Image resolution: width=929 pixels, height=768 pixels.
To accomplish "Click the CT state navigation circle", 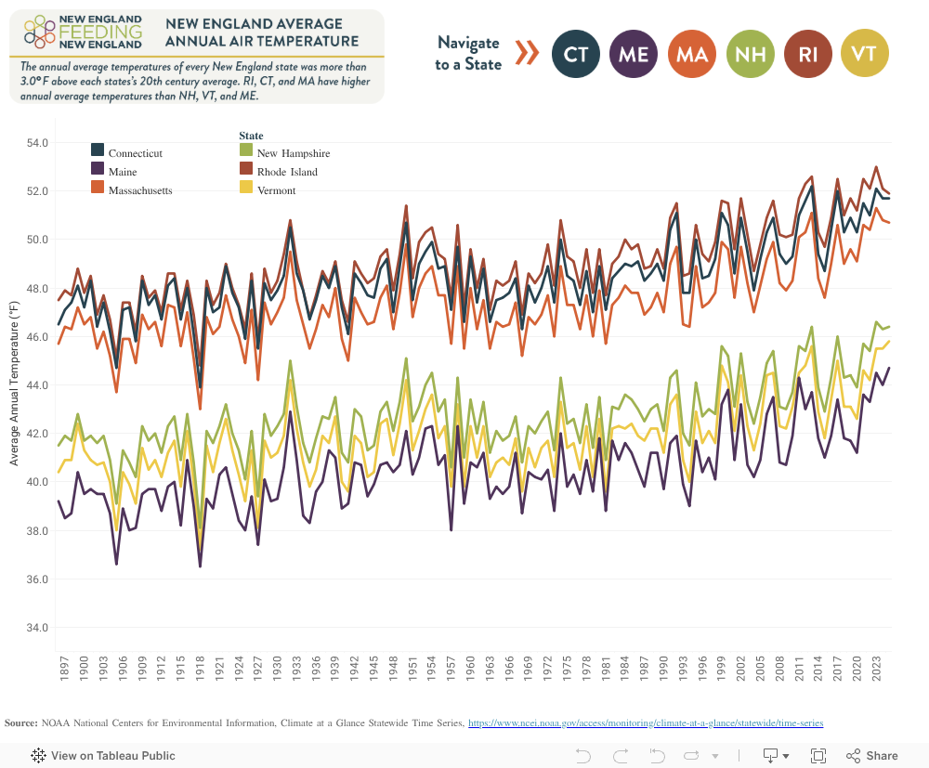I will click(576, 54).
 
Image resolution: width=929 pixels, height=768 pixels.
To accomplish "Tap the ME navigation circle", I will click(634, 54).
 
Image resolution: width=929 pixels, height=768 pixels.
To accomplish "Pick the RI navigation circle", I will click(807, 54).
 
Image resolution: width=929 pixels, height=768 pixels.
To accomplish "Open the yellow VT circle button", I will click(864, 54).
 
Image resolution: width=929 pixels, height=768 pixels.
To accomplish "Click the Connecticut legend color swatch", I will click(98, 150).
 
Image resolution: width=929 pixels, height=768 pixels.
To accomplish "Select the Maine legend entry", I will click(122, 172).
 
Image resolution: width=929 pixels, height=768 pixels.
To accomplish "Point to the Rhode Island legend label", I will click(287, 172).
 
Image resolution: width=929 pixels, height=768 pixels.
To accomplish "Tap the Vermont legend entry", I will click(276, 190).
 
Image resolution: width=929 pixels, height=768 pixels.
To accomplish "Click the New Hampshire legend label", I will click(293, 153).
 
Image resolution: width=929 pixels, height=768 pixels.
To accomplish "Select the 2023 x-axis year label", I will click(876, 670).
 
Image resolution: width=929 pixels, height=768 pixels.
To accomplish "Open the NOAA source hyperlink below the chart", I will click(645, 722).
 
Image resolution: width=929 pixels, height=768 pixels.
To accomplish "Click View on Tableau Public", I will click(103, 756).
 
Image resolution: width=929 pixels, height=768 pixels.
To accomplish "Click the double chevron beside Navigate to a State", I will click(527, 53).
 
